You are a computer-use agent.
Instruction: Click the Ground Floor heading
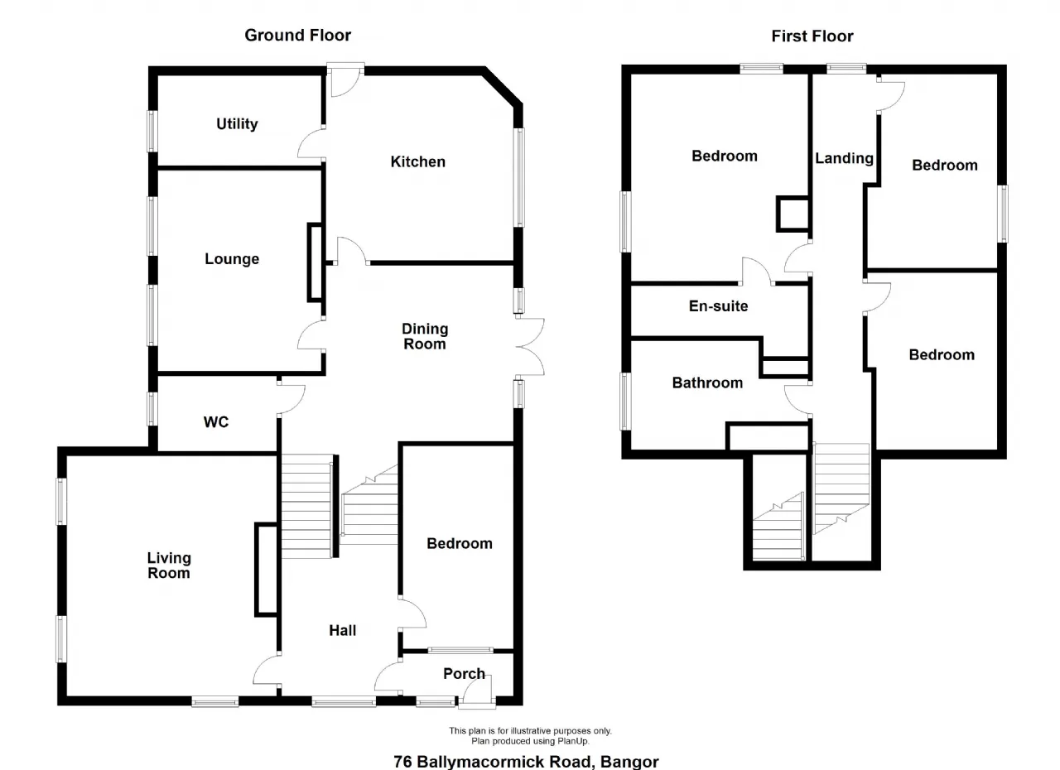[297, 36]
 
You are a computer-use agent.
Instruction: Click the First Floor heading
[812, 36]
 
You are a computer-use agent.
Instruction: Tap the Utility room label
[237, 124]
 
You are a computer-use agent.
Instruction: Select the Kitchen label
[418, 161]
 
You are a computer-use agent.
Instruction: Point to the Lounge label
[232, 259]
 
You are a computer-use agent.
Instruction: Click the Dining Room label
[425, 336]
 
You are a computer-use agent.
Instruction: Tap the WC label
[216, 422]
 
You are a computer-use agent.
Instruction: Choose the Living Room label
[169, 565]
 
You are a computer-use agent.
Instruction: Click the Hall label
[343, 630]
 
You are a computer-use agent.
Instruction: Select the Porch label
[464, 673]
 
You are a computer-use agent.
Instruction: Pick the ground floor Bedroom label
[460, 543]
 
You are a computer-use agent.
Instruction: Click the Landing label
[844, 159]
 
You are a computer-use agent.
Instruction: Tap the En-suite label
[718, 306]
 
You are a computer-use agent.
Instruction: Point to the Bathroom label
[707, 383]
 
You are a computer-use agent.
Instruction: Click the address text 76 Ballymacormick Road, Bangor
[526, 762]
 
